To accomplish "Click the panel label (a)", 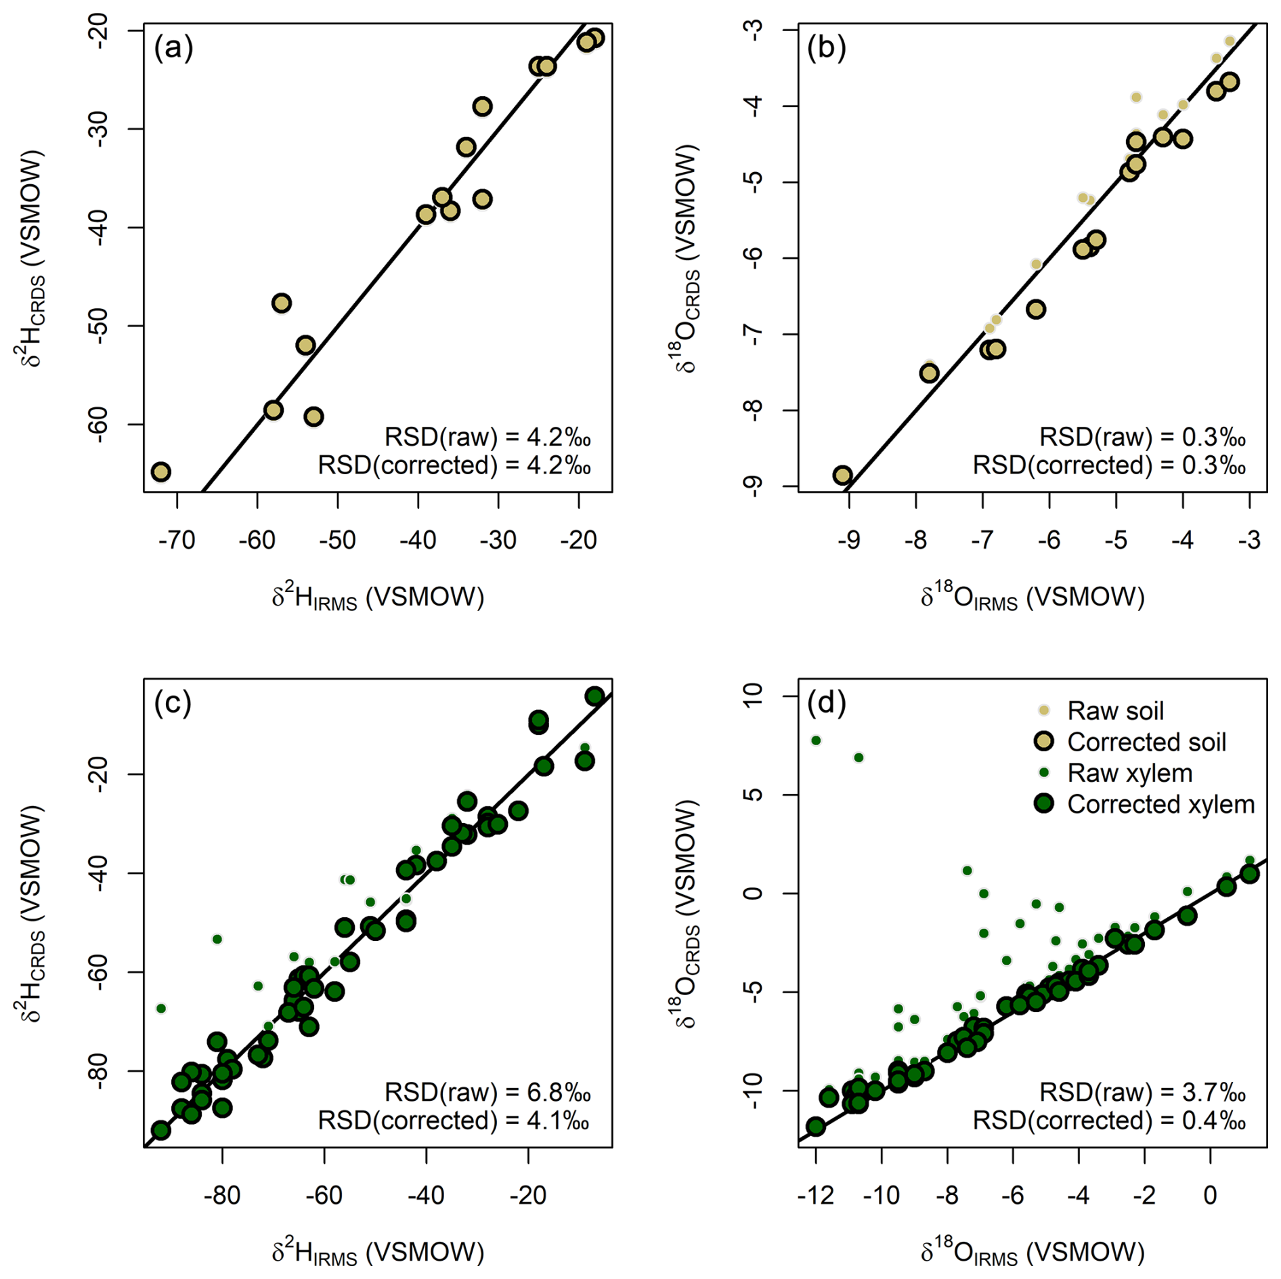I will pos(173,48).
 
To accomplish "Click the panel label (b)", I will pos(827,48).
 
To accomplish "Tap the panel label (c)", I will pos(173,703).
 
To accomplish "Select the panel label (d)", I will pos(827,703).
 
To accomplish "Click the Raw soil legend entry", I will pos(1115,711).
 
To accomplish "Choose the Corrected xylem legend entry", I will pos(1160,804).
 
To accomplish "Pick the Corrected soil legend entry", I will pos(1146,742).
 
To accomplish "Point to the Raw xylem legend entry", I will pos(1129,773).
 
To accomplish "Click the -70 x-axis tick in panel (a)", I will pos(177,540).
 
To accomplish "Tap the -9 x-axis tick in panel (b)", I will pos(849,540).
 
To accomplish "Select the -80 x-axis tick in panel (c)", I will pos(222,1195).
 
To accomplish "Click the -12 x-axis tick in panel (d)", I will pos(815,1195).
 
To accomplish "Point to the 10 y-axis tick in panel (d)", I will pos(753,696).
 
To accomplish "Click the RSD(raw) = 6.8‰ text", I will pos(487,1092).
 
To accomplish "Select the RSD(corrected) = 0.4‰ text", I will pos(1109,1121).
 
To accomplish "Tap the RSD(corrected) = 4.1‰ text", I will pos(454,1121).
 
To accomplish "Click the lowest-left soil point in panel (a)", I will pos(160,472).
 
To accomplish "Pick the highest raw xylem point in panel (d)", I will pos(816,740).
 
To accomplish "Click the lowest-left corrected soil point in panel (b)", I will pos(842,475).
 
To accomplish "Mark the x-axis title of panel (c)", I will pos(378,1252).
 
